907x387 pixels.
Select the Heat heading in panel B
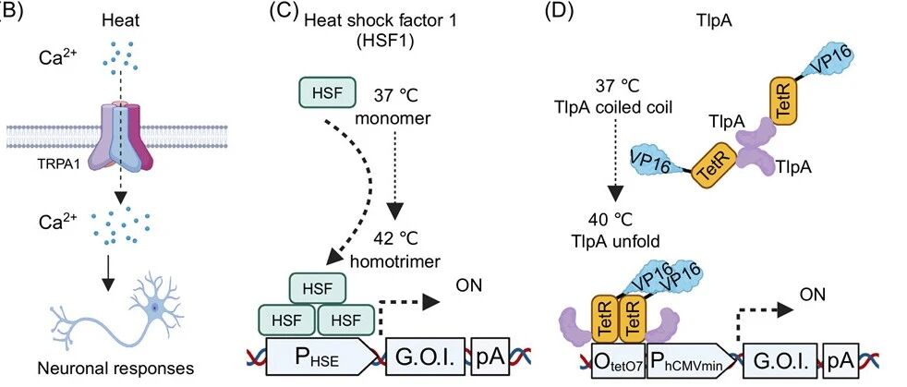tap(120, 21)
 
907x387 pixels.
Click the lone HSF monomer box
tap(327, 93)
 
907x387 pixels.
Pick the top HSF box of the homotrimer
tap(318, 287)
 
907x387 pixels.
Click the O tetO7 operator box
tap(618, 361)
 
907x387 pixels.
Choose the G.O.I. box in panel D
tap(780, 361)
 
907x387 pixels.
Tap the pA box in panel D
tap(841, 361)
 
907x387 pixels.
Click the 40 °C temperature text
tap(614, 220)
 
